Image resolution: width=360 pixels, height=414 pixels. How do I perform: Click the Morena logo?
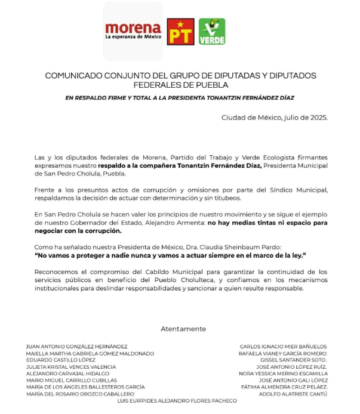(x=133, y=30)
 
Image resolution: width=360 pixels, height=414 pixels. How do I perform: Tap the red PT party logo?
(x=180, y=32)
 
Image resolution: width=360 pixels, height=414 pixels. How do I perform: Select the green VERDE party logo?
(x=212, y=32)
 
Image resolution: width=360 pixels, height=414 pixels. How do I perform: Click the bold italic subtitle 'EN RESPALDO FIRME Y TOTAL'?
(x=180, y=97)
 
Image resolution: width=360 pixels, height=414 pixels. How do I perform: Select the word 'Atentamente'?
(x=183, y=329)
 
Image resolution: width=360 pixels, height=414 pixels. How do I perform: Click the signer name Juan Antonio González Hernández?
(x=76, y=347)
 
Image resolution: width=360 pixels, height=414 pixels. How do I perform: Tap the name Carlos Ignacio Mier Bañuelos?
(x=283, y=347)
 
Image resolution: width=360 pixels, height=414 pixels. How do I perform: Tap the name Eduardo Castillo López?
(x=61, y=360)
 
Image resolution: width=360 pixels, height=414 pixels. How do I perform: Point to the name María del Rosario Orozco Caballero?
(x=80, y=394)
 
